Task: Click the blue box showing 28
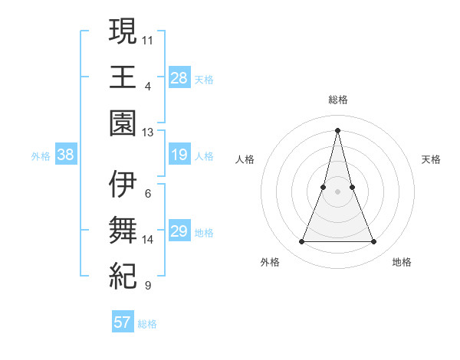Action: tap(179, 78)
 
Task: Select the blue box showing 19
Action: tap(179, 155)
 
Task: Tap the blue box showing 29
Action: tap(179, 232)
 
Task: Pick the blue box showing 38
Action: tap(65, 155)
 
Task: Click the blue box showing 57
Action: tap(123, 322)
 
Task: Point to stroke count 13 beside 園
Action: tap(148, 133)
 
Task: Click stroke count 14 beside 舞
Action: tap(148, 240)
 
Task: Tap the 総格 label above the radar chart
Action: tap(337, 100)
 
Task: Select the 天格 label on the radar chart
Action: tap(432, 159)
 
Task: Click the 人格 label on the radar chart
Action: tap(245, 159)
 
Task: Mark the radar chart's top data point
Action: tap(337, 129)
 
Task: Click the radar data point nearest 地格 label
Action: tap(374, 242)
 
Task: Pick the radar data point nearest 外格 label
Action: tap(301, 242)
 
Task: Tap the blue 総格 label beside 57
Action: tap(147, 323)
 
